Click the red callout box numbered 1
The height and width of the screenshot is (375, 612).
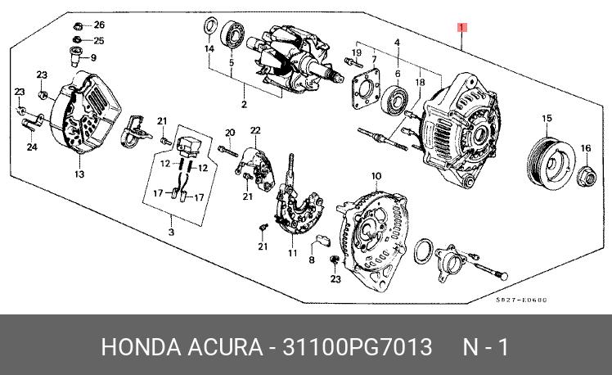[462, 29]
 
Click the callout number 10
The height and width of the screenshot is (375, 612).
[376, 176]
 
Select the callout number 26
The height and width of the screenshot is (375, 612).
[99, 25]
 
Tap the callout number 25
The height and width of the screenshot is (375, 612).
[99, 40]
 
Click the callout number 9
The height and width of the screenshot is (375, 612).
[93, 57]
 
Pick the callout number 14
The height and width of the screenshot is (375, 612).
[209, 49]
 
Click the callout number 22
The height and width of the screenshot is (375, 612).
[255, 130]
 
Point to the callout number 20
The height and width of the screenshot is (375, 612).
[230, 133]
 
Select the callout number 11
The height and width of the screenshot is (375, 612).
[292, 253]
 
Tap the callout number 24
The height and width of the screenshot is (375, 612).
[32, 147]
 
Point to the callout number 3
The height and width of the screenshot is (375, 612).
[171, 233]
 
